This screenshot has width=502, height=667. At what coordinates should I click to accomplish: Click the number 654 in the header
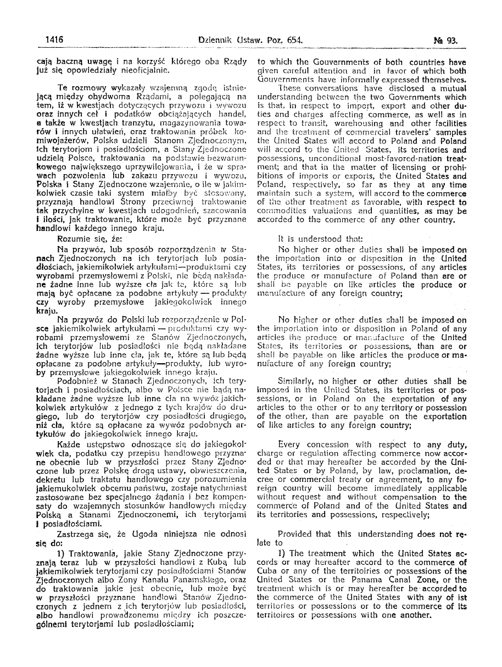coord(294,40)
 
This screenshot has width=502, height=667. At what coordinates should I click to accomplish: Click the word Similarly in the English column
coord(297,381)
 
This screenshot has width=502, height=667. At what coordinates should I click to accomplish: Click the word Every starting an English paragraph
coord(289,443)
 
